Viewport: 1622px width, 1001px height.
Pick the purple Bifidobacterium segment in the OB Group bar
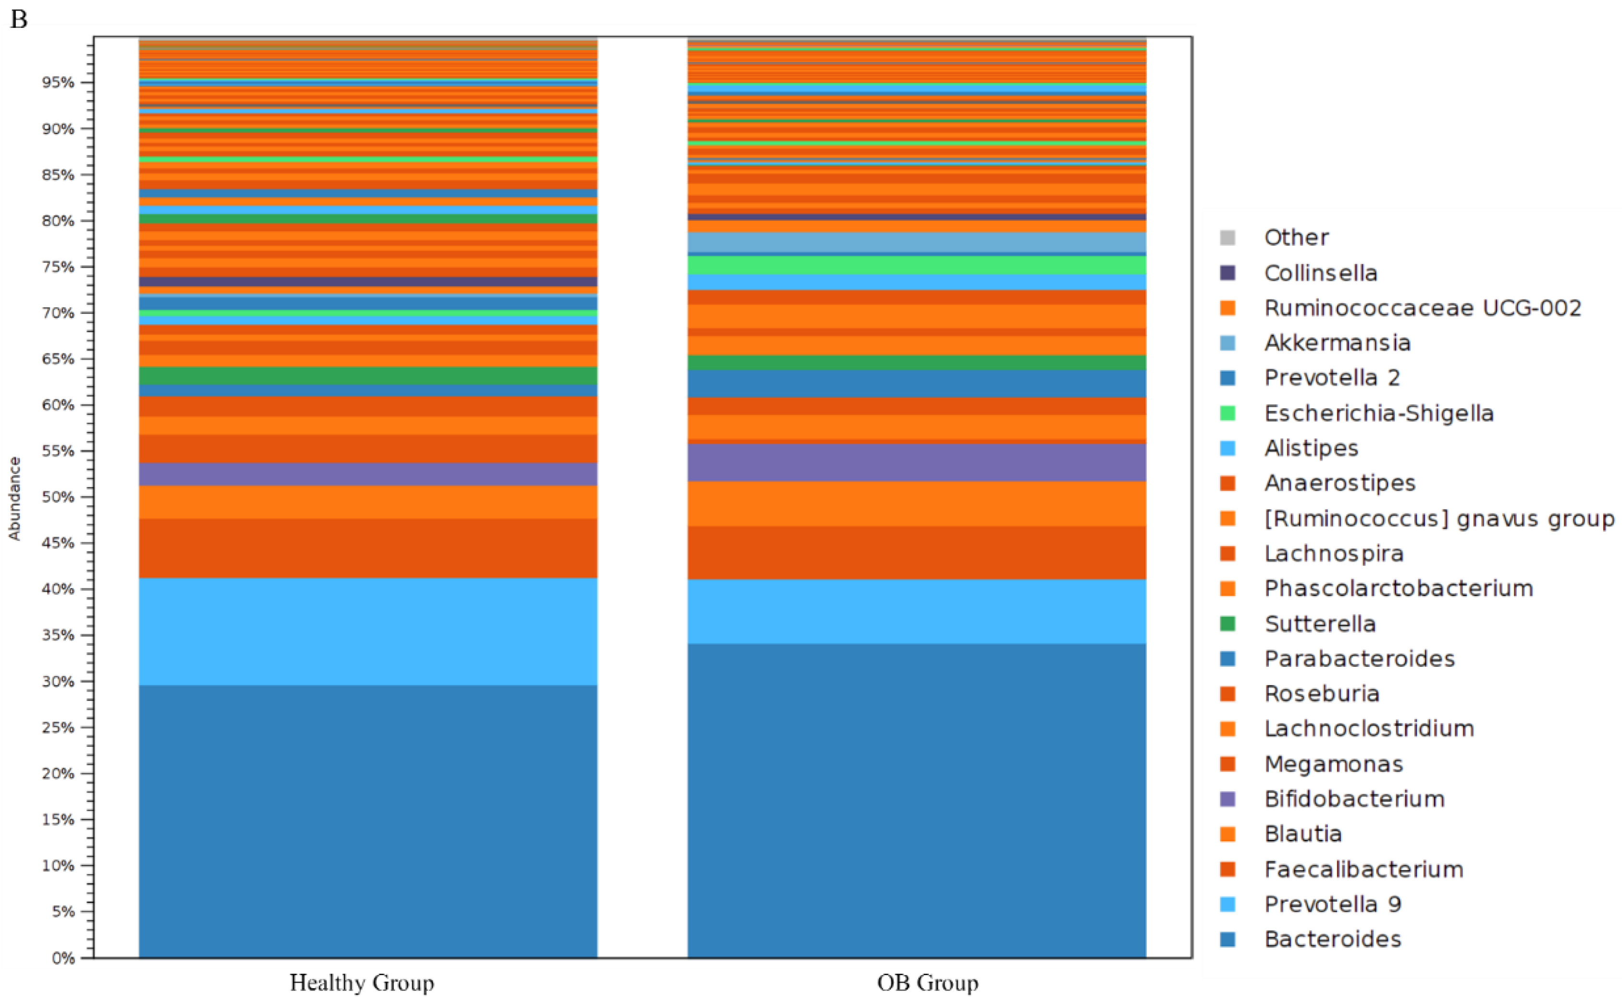(916, 462)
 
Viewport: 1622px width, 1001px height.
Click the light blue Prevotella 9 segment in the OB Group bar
(916, 611)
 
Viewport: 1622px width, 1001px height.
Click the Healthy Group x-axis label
(362, 982)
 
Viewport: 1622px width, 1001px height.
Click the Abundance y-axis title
(14, 498)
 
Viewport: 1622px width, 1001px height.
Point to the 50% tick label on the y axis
(58, 497)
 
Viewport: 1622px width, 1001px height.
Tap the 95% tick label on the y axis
(58, 83)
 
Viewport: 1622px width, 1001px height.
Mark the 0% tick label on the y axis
(63, 958)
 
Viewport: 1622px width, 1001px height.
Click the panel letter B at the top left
(19, 19)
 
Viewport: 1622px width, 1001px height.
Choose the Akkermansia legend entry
(1337, 343)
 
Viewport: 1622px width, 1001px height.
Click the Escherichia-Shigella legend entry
(1378, 413)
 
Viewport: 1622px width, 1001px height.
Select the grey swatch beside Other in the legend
(1227, 238)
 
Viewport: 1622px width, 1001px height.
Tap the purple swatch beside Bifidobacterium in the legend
(1227, 799)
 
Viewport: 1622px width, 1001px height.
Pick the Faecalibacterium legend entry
(1363, 869)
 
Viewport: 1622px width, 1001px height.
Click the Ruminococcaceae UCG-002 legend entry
(1422, 308)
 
